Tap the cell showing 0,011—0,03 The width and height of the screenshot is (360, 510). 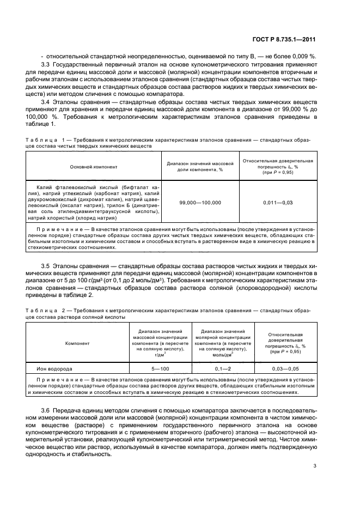(x=278, y=202)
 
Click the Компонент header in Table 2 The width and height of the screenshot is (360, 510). (x=77, y=344)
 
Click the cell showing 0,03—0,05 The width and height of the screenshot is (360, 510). (x=284, y=369)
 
